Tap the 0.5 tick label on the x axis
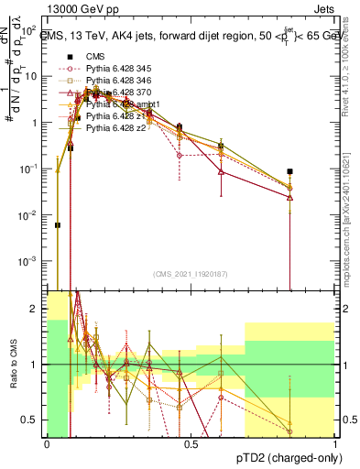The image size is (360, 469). coord(191,444)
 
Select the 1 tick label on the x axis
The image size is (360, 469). coord(335,444)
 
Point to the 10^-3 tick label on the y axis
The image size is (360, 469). coord(27,261)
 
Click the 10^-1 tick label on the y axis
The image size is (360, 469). coord(27,169)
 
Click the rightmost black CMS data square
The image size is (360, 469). coord(289,171)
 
